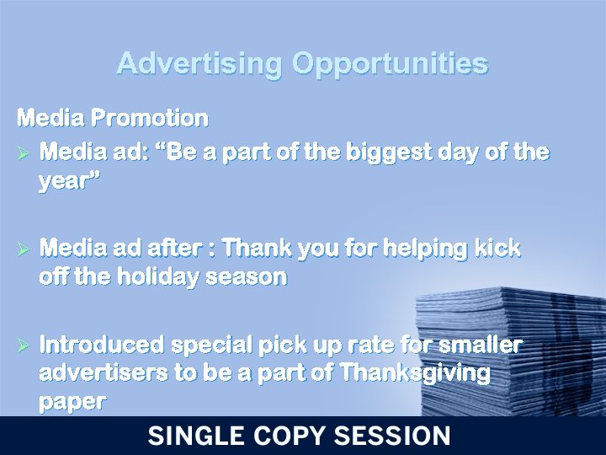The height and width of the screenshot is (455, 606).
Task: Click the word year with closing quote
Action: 69,180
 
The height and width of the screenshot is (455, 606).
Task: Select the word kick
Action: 497,249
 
